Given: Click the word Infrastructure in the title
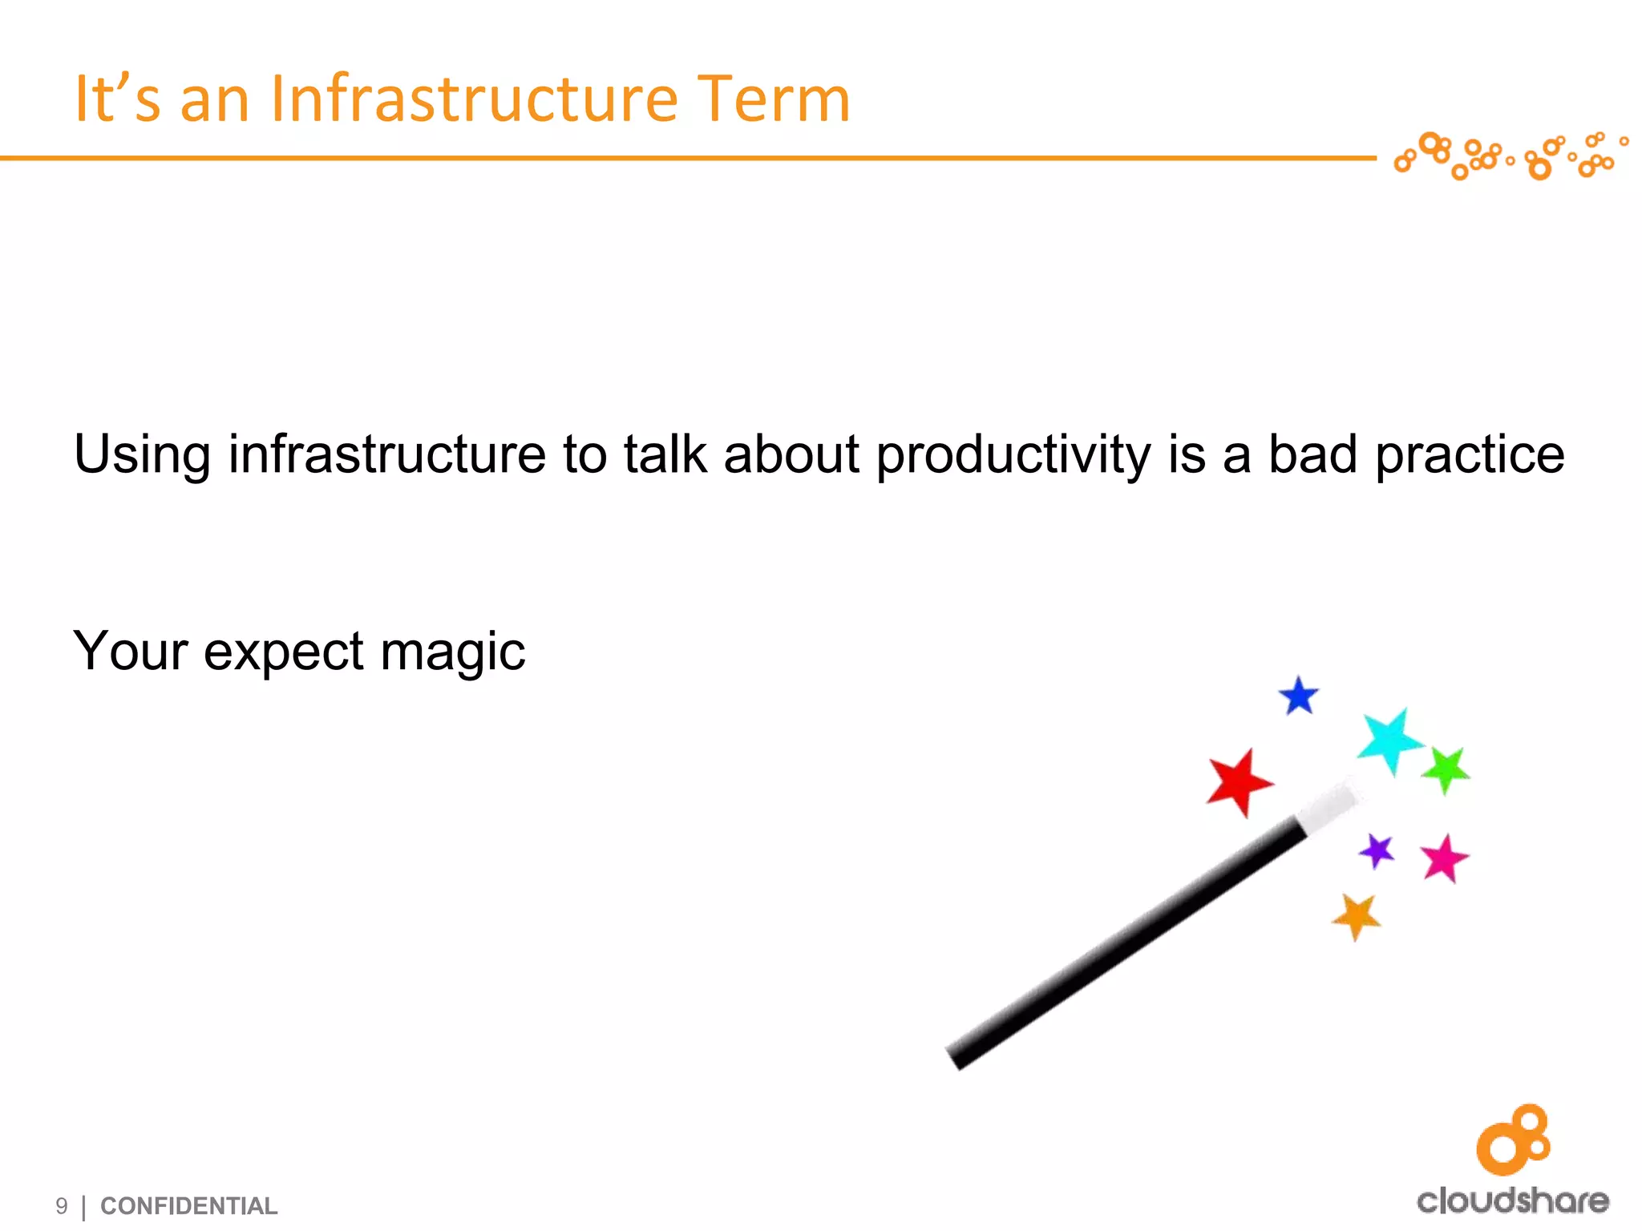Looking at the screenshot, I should pos(475,99).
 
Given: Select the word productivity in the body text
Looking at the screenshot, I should pos(1013,455).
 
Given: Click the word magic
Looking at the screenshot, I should pos(452,651).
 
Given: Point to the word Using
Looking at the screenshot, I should pos(143,455).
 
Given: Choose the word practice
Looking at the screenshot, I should pos(1469,455).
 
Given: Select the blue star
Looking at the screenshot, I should pos(1299,696).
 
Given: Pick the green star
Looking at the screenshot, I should pos(1446,769).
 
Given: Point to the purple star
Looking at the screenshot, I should pos(1377,851).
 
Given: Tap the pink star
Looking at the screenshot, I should pos(1444,858).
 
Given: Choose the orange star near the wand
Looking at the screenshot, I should pos(1357,916).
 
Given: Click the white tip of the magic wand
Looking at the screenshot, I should pos(1327,807).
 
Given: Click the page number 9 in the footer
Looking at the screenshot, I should pos(62,1206).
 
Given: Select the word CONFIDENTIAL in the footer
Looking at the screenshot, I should pos(188,1206).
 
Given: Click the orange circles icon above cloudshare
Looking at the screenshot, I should pos(1514,1140).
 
